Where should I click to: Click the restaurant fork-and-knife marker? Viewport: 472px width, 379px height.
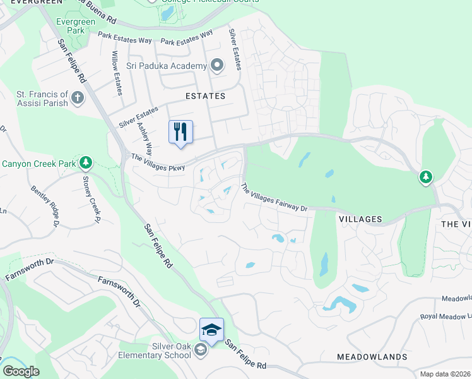pyautogui.click(x=180, y=132)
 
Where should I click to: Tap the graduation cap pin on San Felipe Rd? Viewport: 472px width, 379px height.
pyautogui.click(x=212, y=330)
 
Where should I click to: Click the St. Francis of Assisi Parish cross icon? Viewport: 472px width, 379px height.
pyautogui.click(x=77, y=98)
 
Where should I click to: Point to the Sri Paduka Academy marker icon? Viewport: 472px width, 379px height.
pyautogui.click(x=217, y=66)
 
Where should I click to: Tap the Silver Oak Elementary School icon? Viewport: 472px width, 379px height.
pyautogui.click(x=200, y=350)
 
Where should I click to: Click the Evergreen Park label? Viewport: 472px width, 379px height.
pyautogui.click(x=75, y=26)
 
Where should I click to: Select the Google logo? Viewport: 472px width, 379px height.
pyautogui.click(x=21, y=371)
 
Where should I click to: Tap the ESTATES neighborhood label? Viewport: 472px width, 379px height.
pyautogui.click(x=205, y=96)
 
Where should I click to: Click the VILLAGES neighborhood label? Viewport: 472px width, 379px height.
pyautogui.click(x=360, y=219)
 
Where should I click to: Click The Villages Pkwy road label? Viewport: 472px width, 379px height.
pyautogui.click(x=158, y=162)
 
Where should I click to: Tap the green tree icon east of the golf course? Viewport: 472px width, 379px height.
pyautogui.click(x=426, y=177)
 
